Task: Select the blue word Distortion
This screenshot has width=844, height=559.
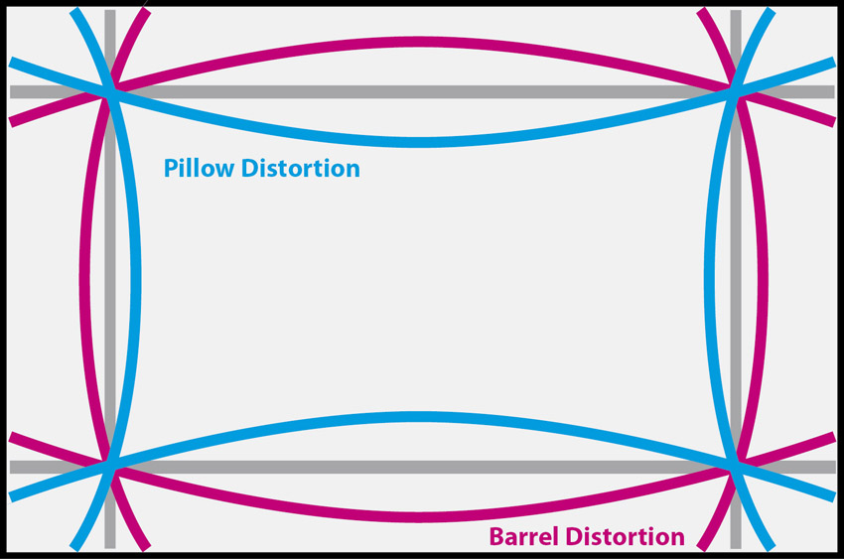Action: click(301, 169)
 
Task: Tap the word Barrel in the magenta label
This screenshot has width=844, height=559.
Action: click(523, 537)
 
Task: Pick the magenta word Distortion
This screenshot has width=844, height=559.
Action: click(625, 537)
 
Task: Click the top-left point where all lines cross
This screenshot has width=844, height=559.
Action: click(110, 91)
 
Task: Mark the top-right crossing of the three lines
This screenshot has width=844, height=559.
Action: click(736, 91)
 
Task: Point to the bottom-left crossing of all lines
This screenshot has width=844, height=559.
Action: click(110, 466)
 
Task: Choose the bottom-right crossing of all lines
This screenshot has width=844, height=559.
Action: click(736, 466)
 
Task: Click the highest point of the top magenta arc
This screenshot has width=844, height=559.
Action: click(422, 42)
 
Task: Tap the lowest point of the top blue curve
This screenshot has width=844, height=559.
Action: click(422, 141)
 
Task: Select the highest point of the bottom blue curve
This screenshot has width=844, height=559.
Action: click(422, 416)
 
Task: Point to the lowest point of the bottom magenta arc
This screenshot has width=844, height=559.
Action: click(422, 516)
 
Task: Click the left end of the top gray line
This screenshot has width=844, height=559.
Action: click(13, 91)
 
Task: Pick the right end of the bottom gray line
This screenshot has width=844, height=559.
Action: click(831, 467)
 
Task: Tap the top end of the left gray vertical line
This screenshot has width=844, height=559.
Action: click(109, 13)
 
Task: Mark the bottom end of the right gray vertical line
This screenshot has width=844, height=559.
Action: click(736, 545)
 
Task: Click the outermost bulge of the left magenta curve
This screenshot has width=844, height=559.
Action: click(82, 279)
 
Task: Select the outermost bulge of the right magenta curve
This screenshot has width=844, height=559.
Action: click(763, 279)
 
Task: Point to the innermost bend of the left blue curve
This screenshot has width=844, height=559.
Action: click(137, 279)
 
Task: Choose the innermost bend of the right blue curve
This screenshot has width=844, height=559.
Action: click(709, 279)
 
